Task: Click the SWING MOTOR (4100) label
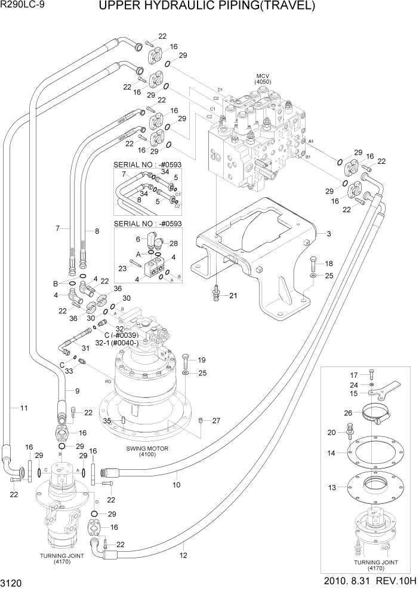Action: click(x=147, y=450)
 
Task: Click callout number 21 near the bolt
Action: click(x=233, y=295)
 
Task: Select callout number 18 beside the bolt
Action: click(x=328, y=263)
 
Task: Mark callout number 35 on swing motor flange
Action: click(x=107, y=421)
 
